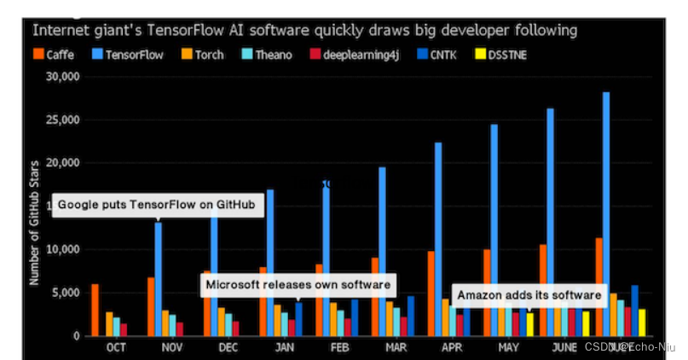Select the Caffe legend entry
click(x=57, y=55)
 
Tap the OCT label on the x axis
click(x=117, y=348)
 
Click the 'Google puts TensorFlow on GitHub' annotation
click(x=157, y=206)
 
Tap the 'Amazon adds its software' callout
click(x=529, y=295)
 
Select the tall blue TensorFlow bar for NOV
click(x=159, y=282)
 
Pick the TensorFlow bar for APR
click(x=438, y=239)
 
